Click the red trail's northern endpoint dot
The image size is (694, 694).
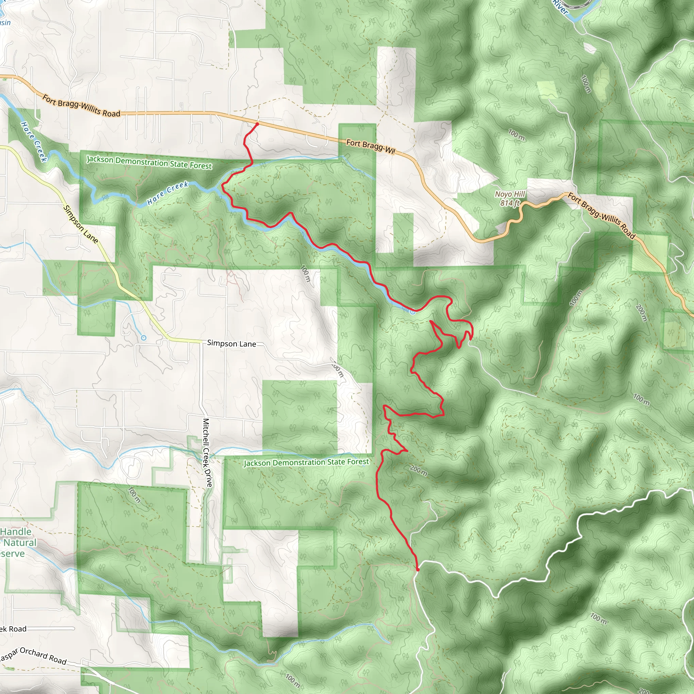point(257,124)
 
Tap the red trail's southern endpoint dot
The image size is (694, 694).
point(417,570)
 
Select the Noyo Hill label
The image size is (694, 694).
point(510,194)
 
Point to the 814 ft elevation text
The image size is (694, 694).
point(510,203)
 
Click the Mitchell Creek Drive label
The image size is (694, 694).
point(207,453)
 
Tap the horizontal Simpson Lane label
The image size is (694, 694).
point(231,343)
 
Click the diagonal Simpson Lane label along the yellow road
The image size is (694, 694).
point(80,224)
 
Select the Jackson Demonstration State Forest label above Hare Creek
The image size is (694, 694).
point(149,162)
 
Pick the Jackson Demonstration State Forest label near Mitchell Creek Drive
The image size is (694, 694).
point(306,462)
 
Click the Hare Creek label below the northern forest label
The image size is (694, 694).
point(168,193)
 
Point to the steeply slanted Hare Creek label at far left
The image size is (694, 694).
point(34,142)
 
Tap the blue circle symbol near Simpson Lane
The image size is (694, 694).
point(144,338)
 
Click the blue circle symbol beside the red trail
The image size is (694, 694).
point(412,312)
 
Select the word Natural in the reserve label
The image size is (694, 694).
point(20,543)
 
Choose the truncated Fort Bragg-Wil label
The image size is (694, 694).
point(370,146)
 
